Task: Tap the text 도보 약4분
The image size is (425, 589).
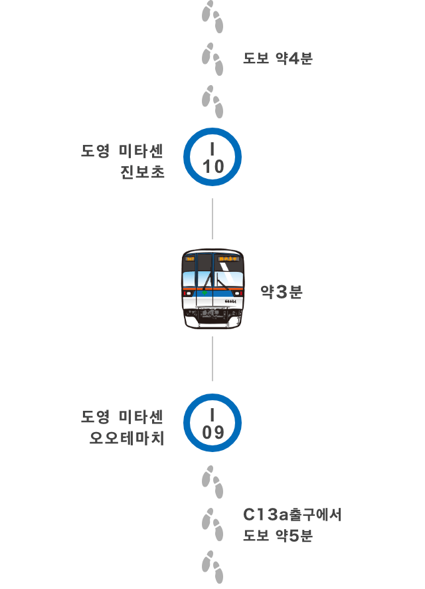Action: (x=278, y=59)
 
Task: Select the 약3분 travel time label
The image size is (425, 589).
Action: (x=282, y=291)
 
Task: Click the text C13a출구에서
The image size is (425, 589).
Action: (x=292, y=515)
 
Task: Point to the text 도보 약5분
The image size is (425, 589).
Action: (x=278, y=535)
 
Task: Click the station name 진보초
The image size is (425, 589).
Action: (x=142, y=172)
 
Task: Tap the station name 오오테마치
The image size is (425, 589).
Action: (x=127, y=437)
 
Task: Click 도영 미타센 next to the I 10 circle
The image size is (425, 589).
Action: (x=122, y=151)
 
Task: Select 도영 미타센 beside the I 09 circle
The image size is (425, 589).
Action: (x=122, y=417)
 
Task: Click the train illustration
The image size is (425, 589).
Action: (x=212, y=289)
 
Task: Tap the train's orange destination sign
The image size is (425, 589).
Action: (x=228, y=259)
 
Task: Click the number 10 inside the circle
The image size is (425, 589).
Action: (x=213, y=166)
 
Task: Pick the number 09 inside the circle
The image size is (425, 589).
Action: (x=213, y=432)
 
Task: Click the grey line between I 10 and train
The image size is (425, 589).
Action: (x=212, y=219)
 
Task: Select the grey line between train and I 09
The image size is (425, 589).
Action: (x=212, y=359)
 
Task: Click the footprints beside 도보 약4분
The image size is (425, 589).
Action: (x=212, y=59)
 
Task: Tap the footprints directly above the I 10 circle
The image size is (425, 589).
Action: (x=212, y=102)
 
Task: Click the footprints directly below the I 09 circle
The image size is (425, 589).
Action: (x=212, y=482)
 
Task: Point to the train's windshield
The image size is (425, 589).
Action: (x=212, y=279)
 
